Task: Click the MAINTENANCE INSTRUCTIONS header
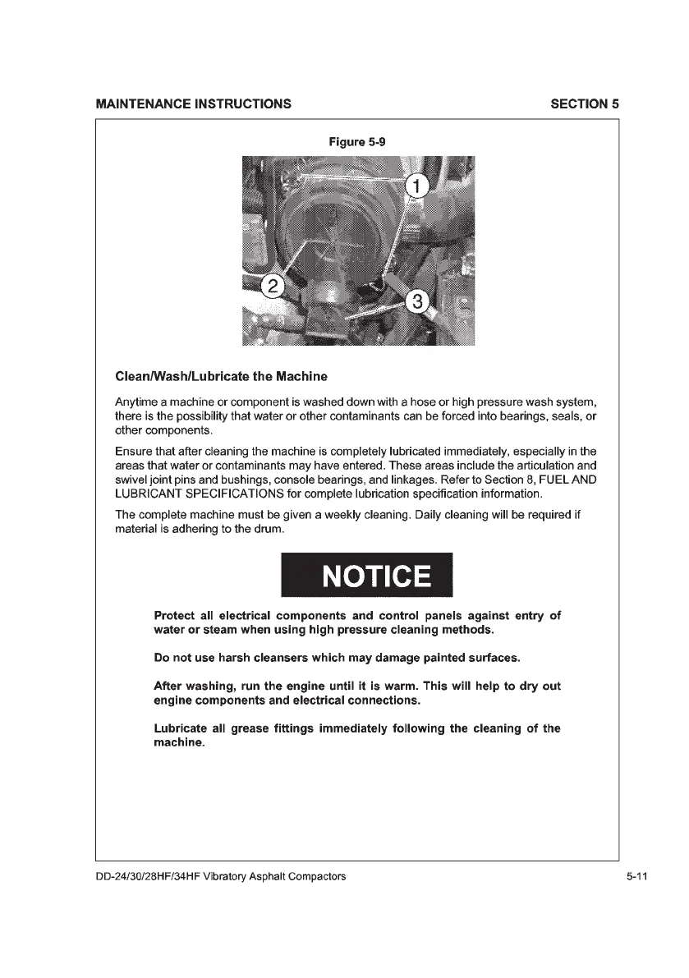tap(193, 104)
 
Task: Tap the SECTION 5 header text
tap(585, 104)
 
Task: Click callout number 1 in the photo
tap(417, 186)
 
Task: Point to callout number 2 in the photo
tap(273, 286)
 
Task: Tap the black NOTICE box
tap(366, 576)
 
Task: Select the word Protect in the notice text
tap(177, 615)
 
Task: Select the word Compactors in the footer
tap(317, 876)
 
